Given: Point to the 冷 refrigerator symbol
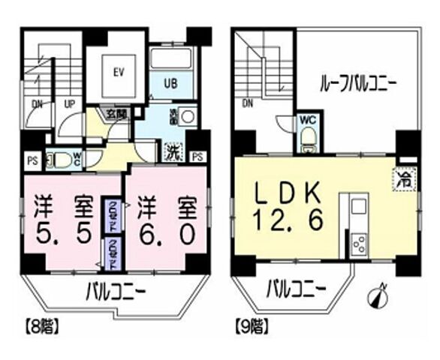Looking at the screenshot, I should click(x=405, y=180).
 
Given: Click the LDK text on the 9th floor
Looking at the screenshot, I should click(x=293, y=194).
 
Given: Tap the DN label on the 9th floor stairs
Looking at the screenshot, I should click(x=247, y=104).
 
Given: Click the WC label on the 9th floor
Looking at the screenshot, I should click(x=306, y=120).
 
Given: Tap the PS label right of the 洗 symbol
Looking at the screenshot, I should click(x=197, y=157).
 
